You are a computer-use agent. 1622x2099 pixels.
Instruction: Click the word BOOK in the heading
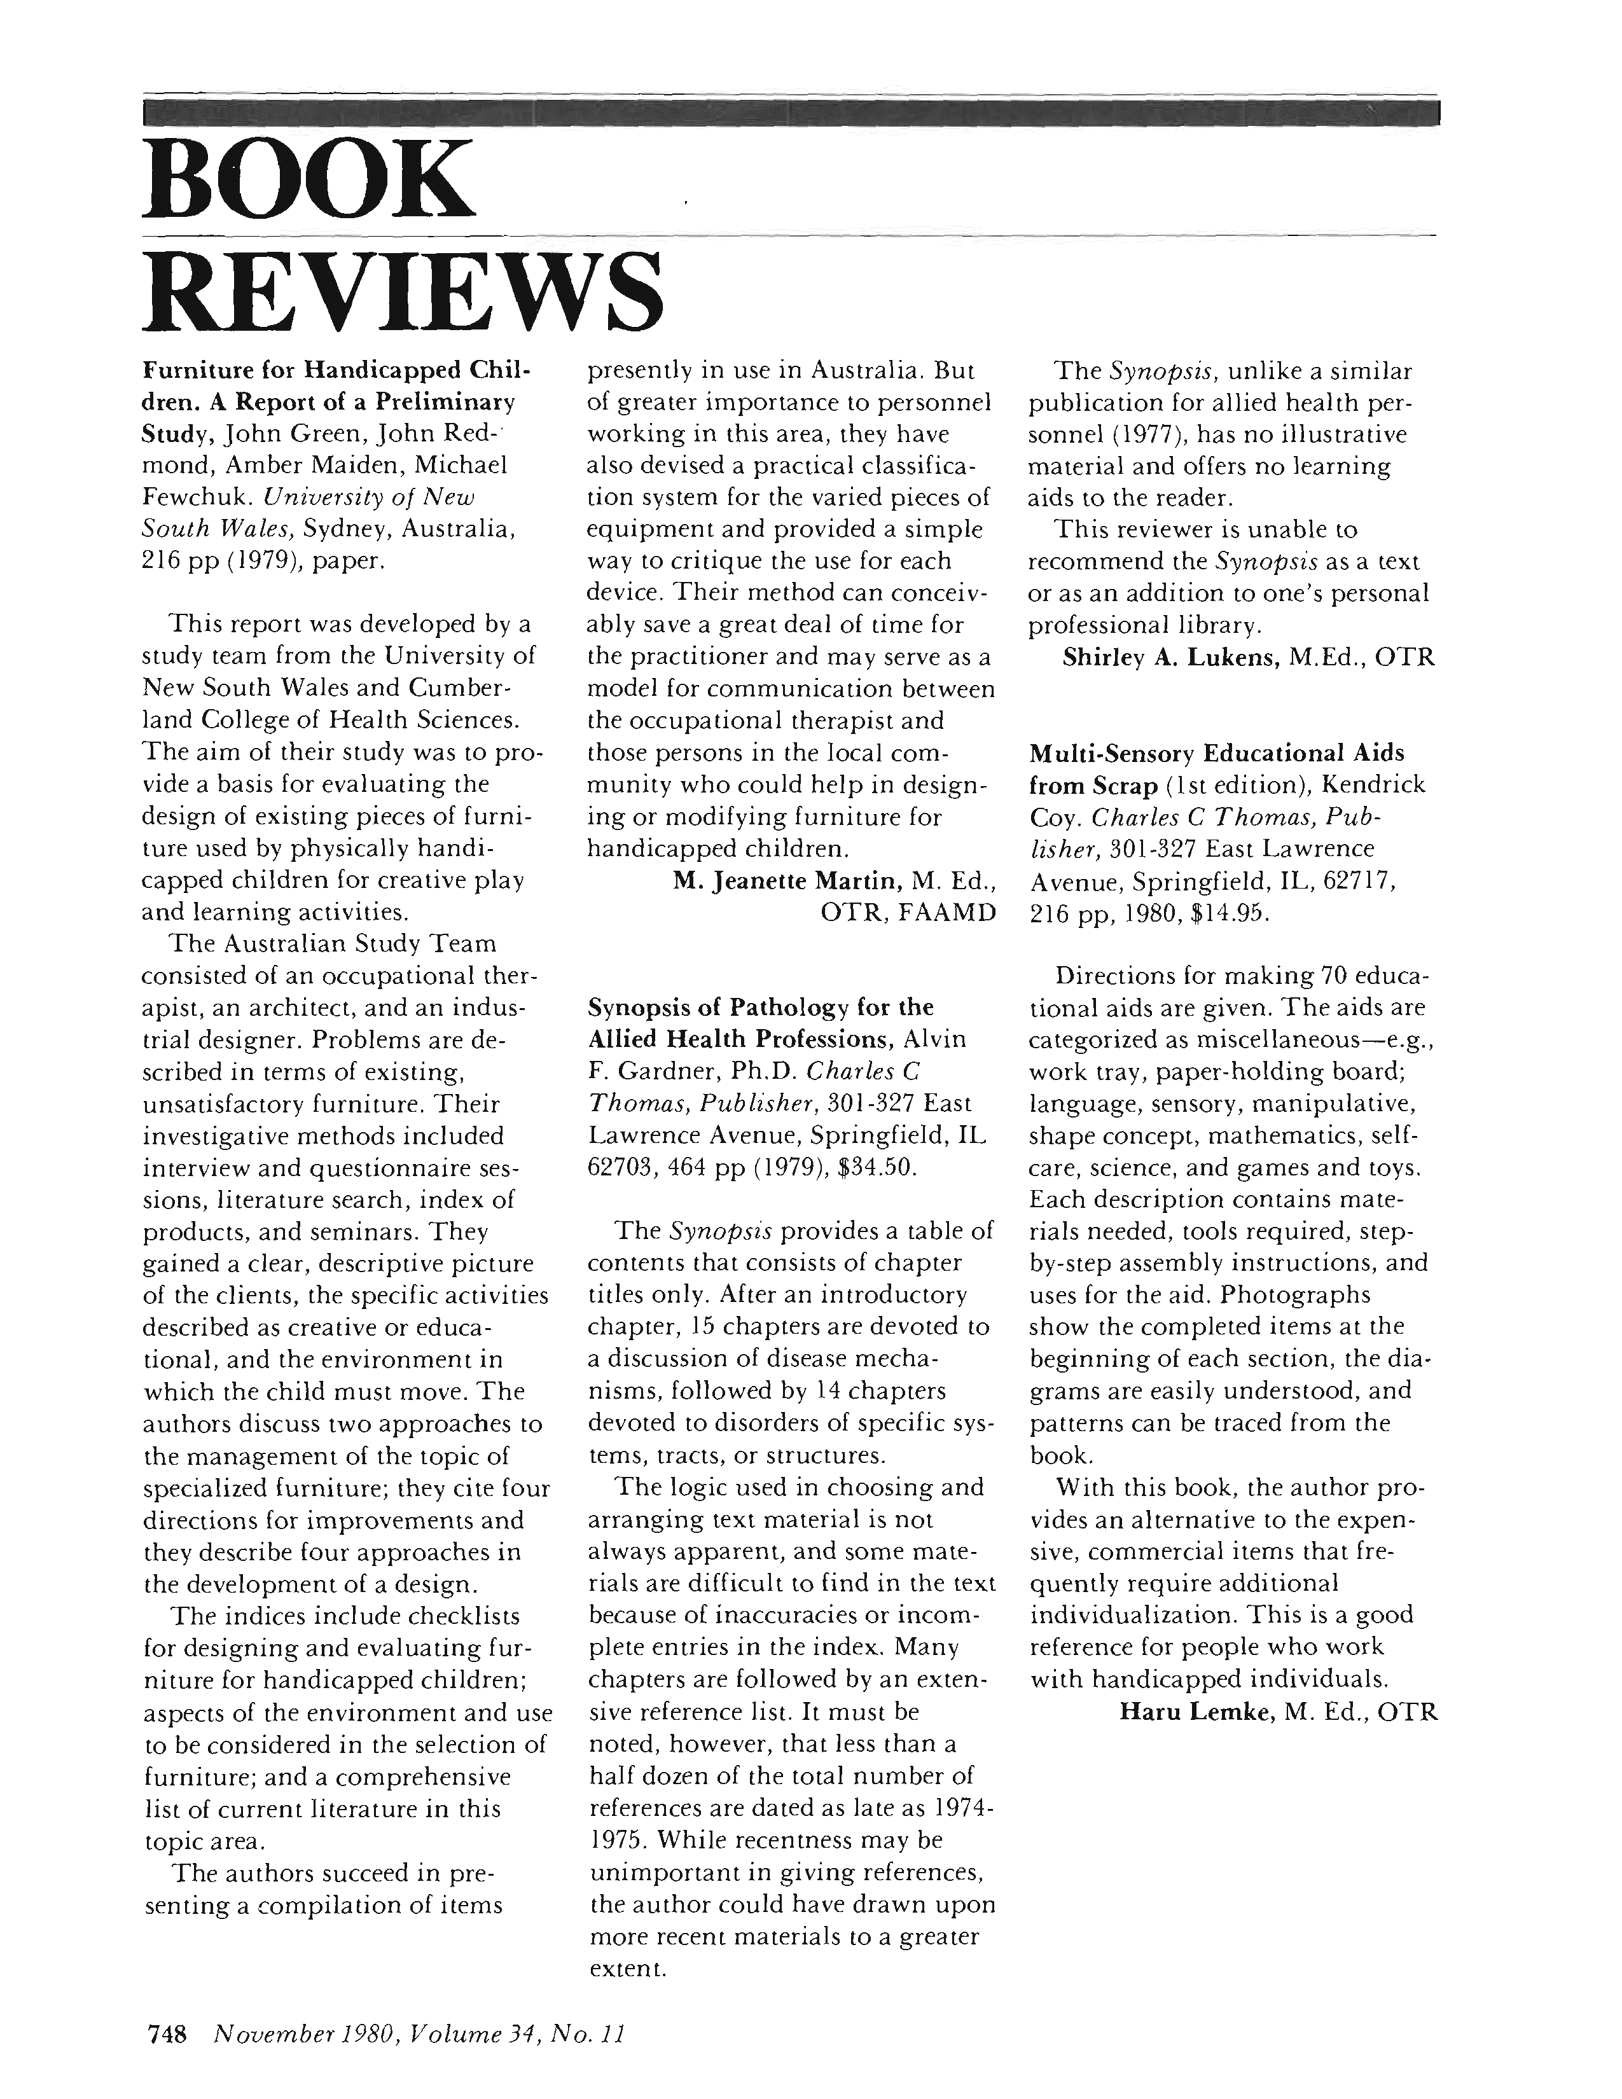click(307, 180)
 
